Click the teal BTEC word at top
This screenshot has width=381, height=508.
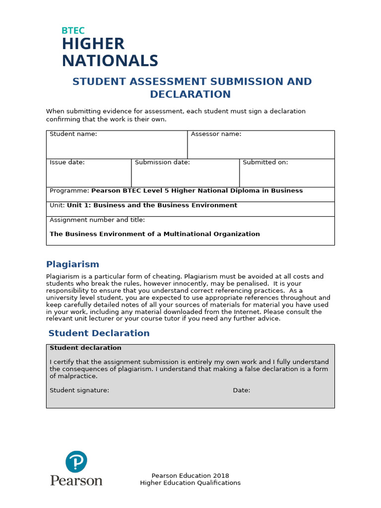tap(73, 31)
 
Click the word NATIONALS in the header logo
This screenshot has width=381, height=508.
tap(110, 61)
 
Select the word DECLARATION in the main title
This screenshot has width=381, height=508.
tap(190, 94)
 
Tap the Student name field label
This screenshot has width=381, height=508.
tap(73, 134)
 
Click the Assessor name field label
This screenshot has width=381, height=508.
tap(216, 134)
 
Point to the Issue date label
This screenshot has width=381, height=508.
tap(67, 162)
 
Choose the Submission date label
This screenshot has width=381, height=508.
tap(162, 162)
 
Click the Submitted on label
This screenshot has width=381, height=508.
tap(265, 162)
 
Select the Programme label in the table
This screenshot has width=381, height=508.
tap(69, 191)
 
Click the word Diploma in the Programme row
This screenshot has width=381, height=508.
tap(241, 191)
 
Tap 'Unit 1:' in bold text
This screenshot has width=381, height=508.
tap(79, 205)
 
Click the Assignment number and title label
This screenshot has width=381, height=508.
tap(97, 220)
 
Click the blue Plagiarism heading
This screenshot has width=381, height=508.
tap(72, 264)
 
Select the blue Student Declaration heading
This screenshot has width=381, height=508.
tap(99, 333)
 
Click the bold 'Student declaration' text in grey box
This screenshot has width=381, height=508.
tap(85, 348)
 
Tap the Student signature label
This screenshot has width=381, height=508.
tap(79, 390)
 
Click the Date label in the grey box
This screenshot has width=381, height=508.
tap(242, 390)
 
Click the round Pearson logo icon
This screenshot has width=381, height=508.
tap(76, 462)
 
